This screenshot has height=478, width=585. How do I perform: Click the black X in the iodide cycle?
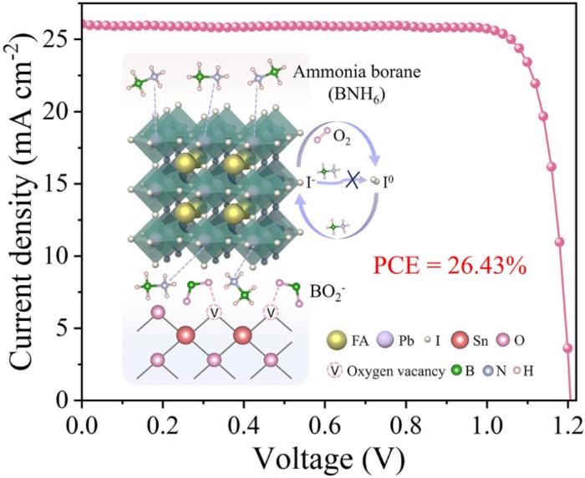[354, 181]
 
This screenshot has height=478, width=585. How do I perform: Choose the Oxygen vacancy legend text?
[404, 371]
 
